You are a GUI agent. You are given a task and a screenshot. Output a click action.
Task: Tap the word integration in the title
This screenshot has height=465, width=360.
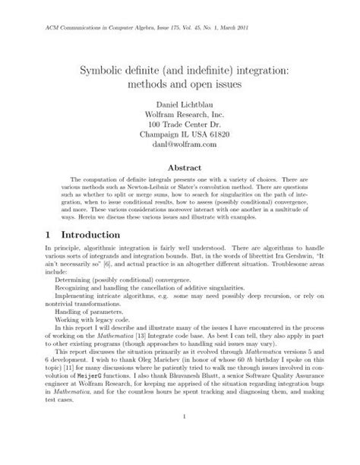pyautogui.click(x=242, y=69)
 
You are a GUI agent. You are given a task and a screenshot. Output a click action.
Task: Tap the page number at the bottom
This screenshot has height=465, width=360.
pyautogui.click(x=180, y=438)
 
